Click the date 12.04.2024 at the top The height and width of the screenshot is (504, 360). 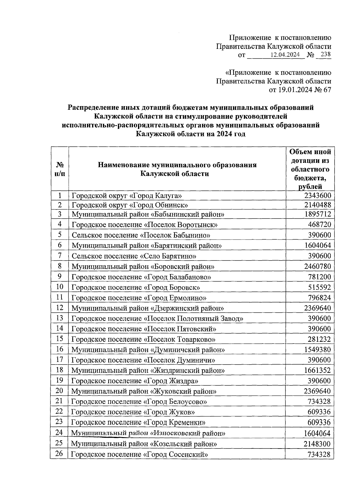(285, 55)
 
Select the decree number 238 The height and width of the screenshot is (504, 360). (325, 55)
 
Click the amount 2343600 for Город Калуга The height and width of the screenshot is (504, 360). (317, 196)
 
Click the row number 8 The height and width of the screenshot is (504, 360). (60, 266)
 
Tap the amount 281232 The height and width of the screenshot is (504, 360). (319, 339)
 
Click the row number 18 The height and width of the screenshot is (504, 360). (60, 370)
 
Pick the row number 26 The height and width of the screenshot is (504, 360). (59, 454)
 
